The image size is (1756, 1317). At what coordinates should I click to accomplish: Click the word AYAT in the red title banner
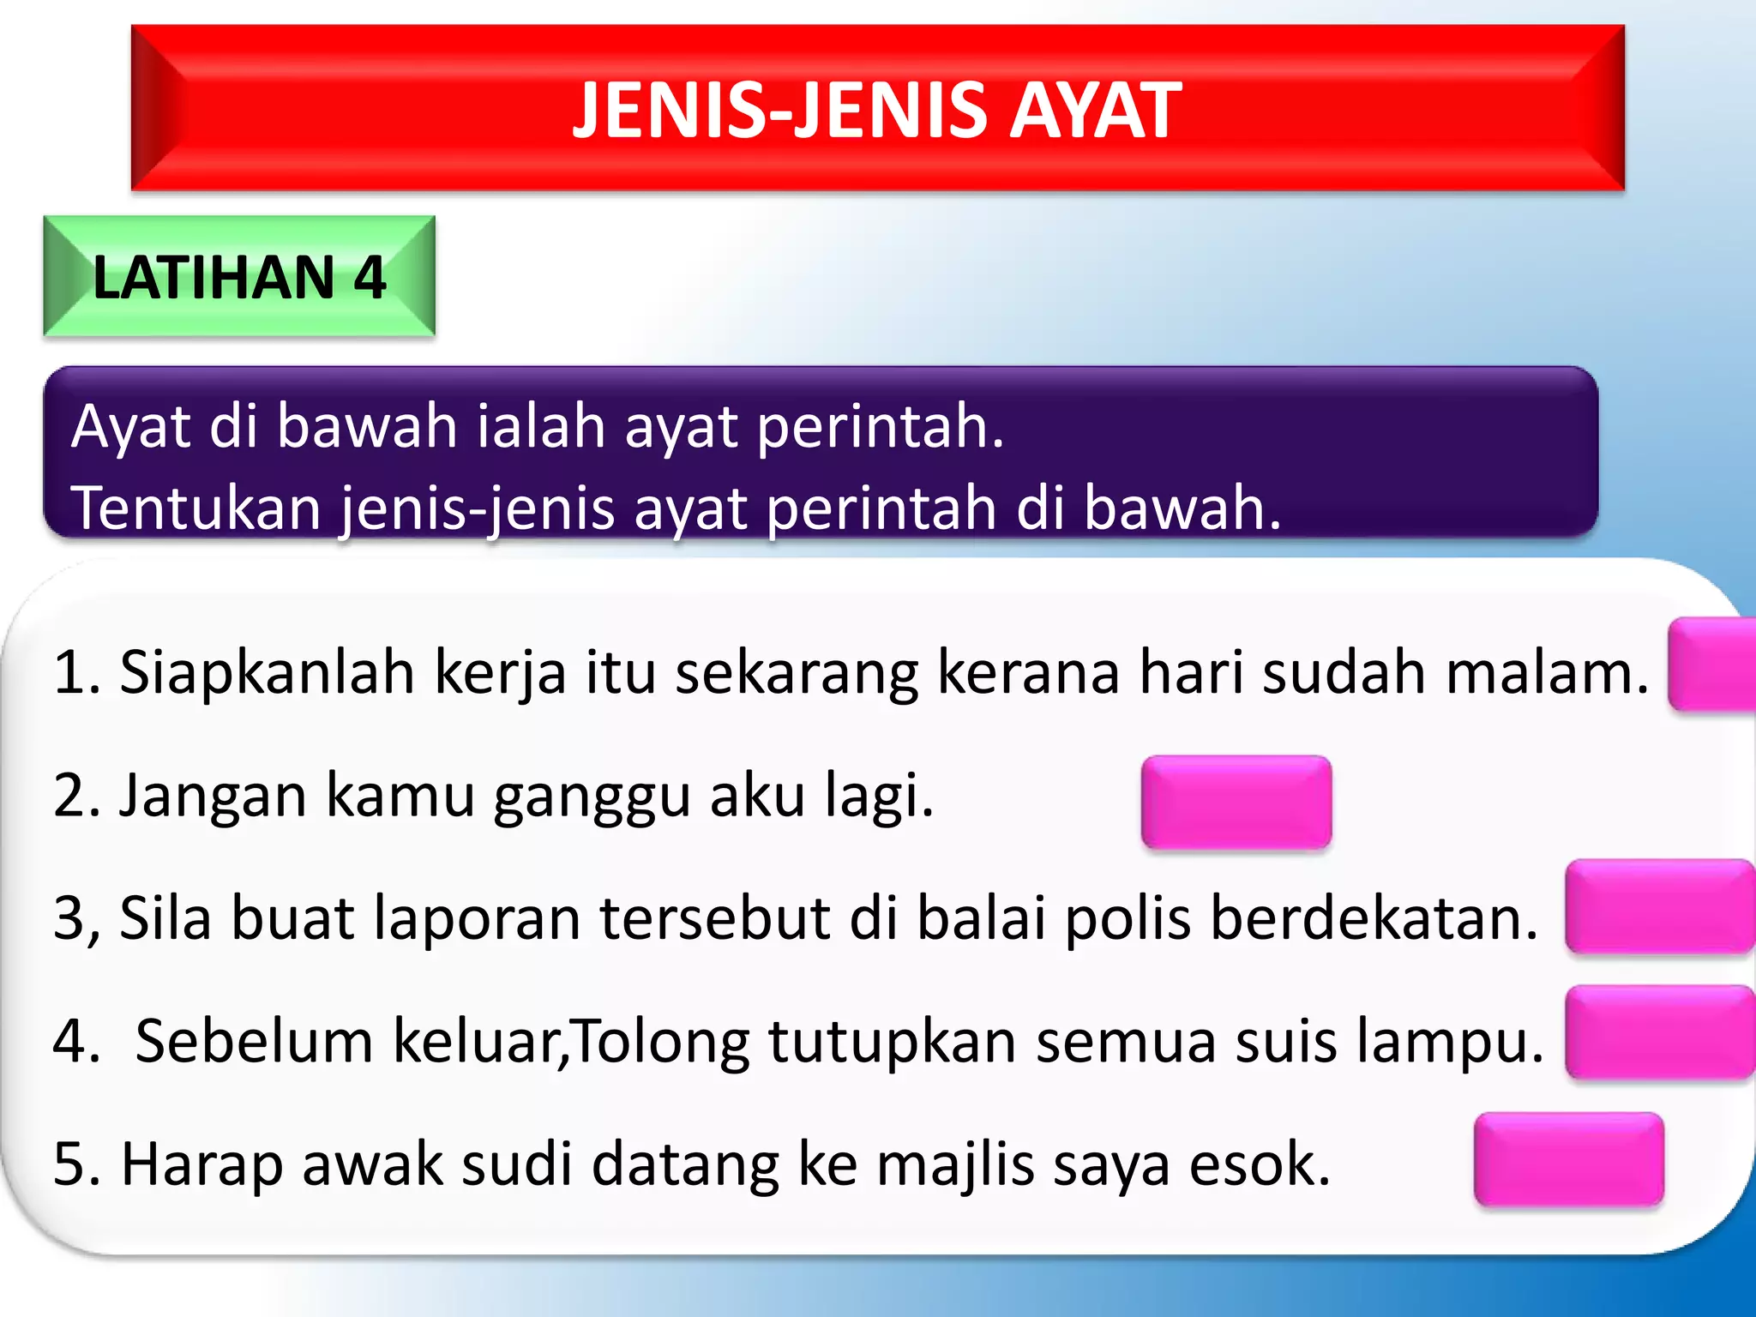click(1095, 110)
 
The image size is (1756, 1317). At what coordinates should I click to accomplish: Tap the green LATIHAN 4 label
click(239, 276)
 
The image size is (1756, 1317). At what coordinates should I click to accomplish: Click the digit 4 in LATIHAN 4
click(370, 277)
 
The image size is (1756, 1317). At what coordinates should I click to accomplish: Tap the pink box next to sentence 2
click(1236, 802)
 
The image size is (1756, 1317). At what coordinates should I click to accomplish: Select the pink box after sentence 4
click(1659, 1032)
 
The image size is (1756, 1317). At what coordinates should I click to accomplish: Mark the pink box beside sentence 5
click(1568, 1158)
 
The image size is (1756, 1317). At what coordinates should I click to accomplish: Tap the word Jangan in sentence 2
click(212, 796)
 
